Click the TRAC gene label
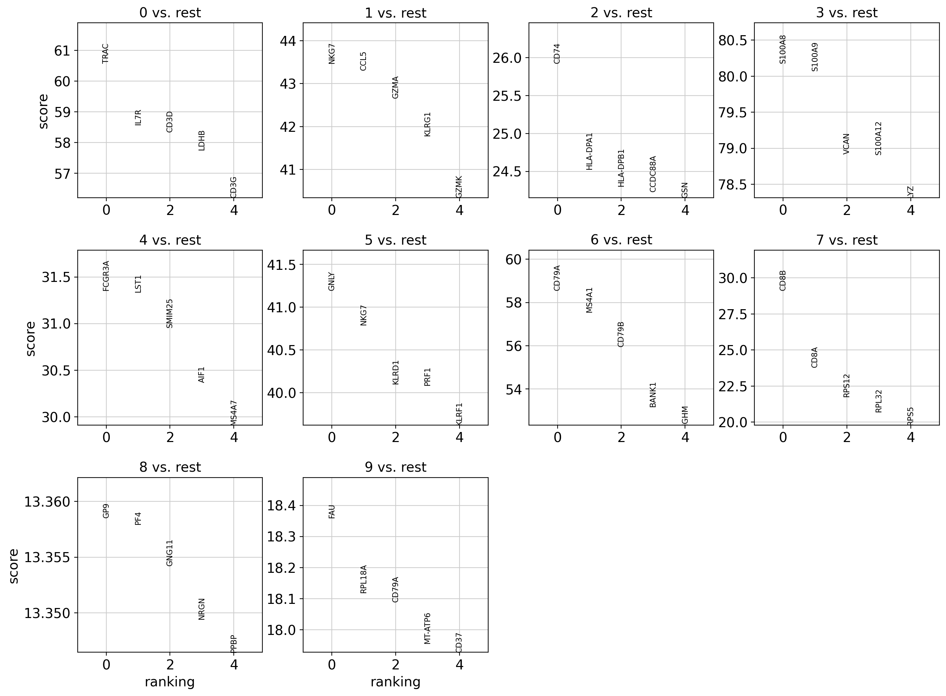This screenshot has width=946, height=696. pyautogui.click(x=105, y=53)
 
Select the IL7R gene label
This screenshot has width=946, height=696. pyautogui.click(x=138, y=118)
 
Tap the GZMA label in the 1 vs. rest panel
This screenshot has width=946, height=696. pyautogui.click(x=395, y=87)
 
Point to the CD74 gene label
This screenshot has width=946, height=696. pyautogui.click(x=557, y=53)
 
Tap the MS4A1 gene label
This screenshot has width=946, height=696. pyautogui.click(x=589, y=300)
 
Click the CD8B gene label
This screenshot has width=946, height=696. pyautogui.click(x=783, y=280)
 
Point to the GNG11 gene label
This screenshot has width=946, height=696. pyautogui.click(x=170, y=553)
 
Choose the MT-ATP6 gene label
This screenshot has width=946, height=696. pyautogui.click(x=427, y=628)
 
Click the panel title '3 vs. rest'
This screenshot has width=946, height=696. pyautogui.click(x=847, y=13)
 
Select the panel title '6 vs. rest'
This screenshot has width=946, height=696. pyautogui.click(x=621, y=240)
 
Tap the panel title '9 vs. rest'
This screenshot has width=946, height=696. pyautogui.click(x=395, y=467)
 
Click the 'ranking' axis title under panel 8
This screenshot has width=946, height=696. pyautogui.click(x=170, y=682)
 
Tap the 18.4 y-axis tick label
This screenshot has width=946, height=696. pyautogui.click(x=281, y=506)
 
